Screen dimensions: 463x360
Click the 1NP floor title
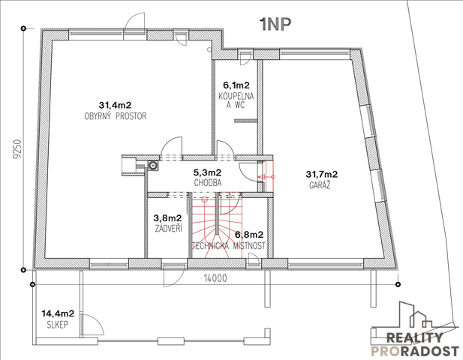[x=275, y=25]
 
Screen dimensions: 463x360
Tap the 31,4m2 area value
[x=115, y=105]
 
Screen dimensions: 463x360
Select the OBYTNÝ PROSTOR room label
[x=116, y=116]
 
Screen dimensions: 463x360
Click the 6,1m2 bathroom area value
[x=236, y=85]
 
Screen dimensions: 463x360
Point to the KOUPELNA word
[x=236, y=96]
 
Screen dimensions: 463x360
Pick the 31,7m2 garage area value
[x=322, y=175]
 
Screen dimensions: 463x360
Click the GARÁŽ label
[x=320, y=185]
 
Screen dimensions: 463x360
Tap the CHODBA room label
[x=208, y=183]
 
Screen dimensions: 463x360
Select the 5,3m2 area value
[x=207, y=172]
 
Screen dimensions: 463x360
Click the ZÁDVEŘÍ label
[x=169, y=229]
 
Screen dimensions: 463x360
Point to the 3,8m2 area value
[x=167, y=218]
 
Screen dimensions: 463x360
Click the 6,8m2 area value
[x=249, y=235]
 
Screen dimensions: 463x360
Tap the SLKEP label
[x=58, y=325]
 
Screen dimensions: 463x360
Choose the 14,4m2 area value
[x=58, y=313]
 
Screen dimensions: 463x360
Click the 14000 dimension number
[x=215, y=278]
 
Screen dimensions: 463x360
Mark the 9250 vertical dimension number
[x=17, y=149]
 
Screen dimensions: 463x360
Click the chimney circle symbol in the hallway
[x=152, y=166]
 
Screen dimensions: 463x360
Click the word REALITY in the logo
[x=414, y=337]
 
